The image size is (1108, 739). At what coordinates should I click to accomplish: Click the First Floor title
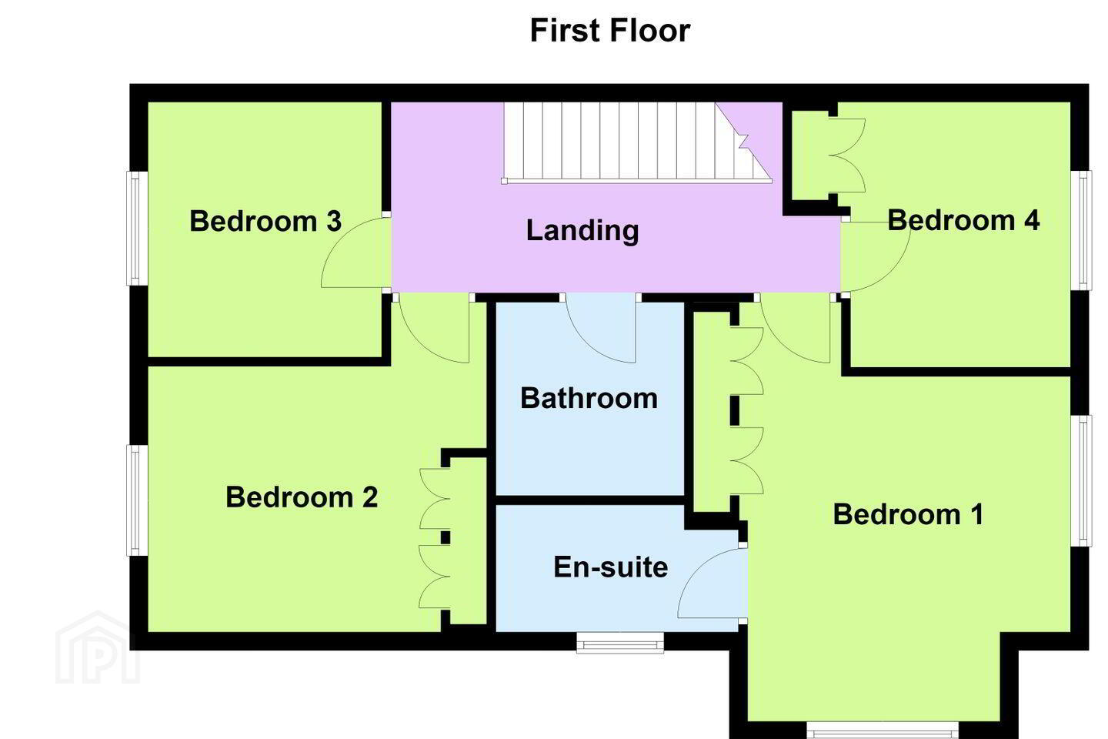pyautogui.click(x=610, y=30)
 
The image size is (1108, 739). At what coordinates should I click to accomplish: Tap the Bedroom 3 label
pyautogui.click(x=265, y=221)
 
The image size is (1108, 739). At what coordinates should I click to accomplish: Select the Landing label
pyautogui.click(x=582, y=231)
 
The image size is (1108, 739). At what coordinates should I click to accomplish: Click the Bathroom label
pyautogui.click(x=589, y=398)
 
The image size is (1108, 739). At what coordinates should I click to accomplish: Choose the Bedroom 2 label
pyautogui.click(x=302, y=497)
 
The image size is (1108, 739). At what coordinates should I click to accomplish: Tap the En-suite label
pyautogui.click(x=610, y=567)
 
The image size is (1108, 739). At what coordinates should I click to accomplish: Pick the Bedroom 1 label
pyautogui.click(x=908, y=514)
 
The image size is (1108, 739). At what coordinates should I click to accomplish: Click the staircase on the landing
pyautogui.click(x=637, y=142)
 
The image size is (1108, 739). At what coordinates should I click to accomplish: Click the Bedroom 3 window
pyautogui.click(x=137, y=228)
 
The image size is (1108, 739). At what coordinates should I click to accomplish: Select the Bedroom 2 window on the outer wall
pyautogui.click(x=137, y=500)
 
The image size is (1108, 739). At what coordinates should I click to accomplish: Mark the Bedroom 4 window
pyautogui.click(x=1081, y=230)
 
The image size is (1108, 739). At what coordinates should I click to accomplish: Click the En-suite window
pyautogui.click(x=620, y=643)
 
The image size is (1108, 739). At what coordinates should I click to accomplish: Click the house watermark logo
pyautogui.click(x=98, y=647)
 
